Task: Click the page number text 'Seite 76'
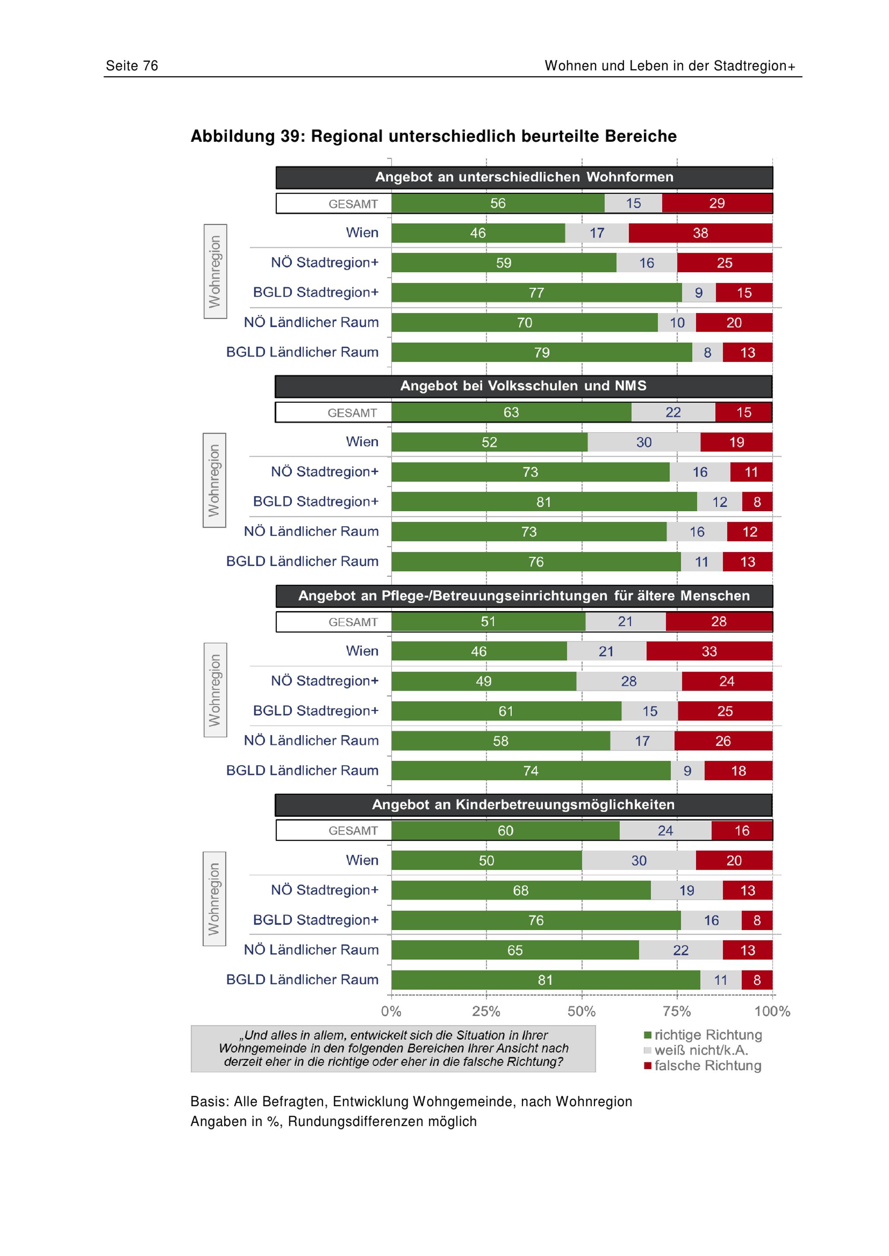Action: click(x=132, y=66)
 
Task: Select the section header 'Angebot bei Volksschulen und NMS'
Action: click(x=523, y=386)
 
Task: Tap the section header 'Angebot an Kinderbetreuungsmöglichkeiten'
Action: click(x=523, y=805)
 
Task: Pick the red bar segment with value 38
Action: click(x=701, y=233)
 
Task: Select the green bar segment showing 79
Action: click(x=541, y=352)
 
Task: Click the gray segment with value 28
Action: click(x=629, y=681)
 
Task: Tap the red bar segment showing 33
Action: click(x=709, y=651)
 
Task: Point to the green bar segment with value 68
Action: click(x=521, y=890)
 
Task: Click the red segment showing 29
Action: click(x=717, y=203)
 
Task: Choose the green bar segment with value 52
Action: click(x=489, y=442)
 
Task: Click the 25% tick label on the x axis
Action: click(x=486, y=1011)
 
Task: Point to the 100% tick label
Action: click(x=772, y=1011)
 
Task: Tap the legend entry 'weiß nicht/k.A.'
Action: click(x=697, y=1050)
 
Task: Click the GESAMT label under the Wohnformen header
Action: click(x=353, y=204)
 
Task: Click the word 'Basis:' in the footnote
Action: click(x=210, y=1102)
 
